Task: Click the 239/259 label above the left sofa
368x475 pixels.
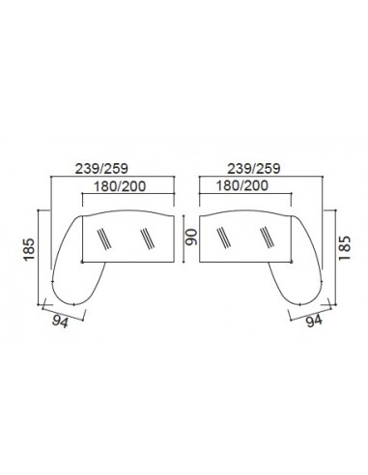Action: (101, 169)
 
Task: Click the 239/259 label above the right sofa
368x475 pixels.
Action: (254, 169)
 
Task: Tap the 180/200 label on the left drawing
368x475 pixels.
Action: (120, 186)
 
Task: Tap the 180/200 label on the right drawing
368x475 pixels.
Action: (241, 185)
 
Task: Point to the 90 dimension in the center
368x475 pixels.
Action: (191, 237)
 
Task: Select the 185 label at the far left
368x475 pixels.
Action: (29, 249)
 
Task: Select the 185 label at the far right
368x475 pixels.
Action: (344, 248)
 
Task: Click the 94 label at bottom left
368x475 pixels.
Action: (60, 321)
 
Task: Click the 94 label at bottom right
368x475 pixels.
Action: (314, 321)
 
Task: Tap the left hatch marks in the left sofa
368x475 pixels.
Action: (104, 238)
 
